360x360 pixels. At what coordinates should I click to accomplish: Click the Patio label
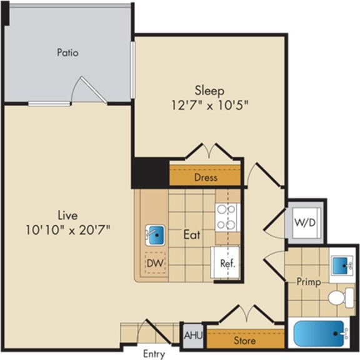tap(67, 53)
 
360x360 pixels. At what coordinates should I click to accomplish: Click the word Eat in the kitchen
tap(191, 236)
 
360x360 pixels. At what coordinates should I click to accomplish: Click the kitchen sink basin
tap(155, 236)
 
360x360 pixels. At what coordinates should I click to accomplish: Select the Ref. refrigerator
tap(227, 263)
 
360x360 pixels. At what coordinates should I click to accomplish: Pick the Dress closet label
tap(205, 177)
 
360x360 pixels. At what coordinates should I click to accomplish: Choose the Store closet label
tap(244, 341)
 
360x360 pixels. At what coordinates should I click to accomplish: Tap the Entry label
tap(154, 354)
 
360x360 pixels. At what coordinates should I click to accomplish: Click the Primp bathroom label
tap(309, 282)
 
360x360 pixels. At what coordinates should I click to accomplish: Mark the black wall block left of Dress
tap(150, 172)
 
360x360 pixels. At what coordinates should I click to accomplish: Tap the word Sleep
tap(209, 91)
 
